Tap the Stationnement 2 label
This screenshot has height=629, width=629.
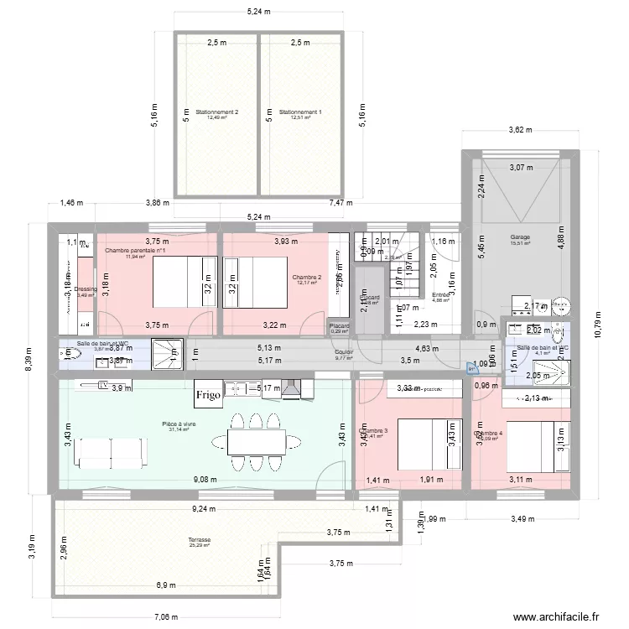click(217, 112)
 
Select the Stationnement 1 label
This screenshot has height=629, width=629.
click(300, 112)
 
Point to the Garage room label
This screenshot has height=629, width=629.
click(520, 237)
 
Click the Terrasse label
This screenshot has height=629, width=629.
click(200, 540)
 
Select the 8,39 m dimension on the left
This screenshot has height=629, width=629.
click(28, 356)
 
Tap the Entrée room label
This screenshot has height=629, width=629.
click(440, 294)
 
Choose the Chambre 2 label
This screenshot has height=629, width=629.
click(307, 277)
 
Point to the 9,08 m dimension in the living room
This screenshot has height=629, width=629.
click(204, 480)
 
